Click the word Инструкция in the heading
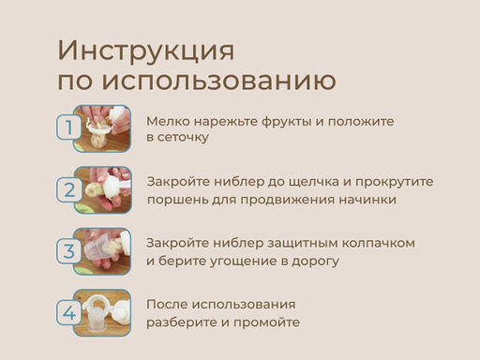pyautogui.click(x=145, y=50)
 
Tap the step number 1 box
pyautogui.click(x=67, y=127)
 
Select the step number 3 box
pyautogui.click(x=68, y=251)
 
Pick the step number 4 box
pyautogui.click(x=68, y=313)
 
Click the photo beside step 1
pyautogui.click(x=102, y=127)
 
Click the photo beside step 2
pyautogui.click(x=102, y=189)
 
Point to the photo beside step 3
pyautogui.click(x=102, y=251)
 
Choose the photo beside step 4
pyautogui.click(x=102, y=313)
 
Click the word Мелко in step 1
pyautogui.click(x=165, y=121)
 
